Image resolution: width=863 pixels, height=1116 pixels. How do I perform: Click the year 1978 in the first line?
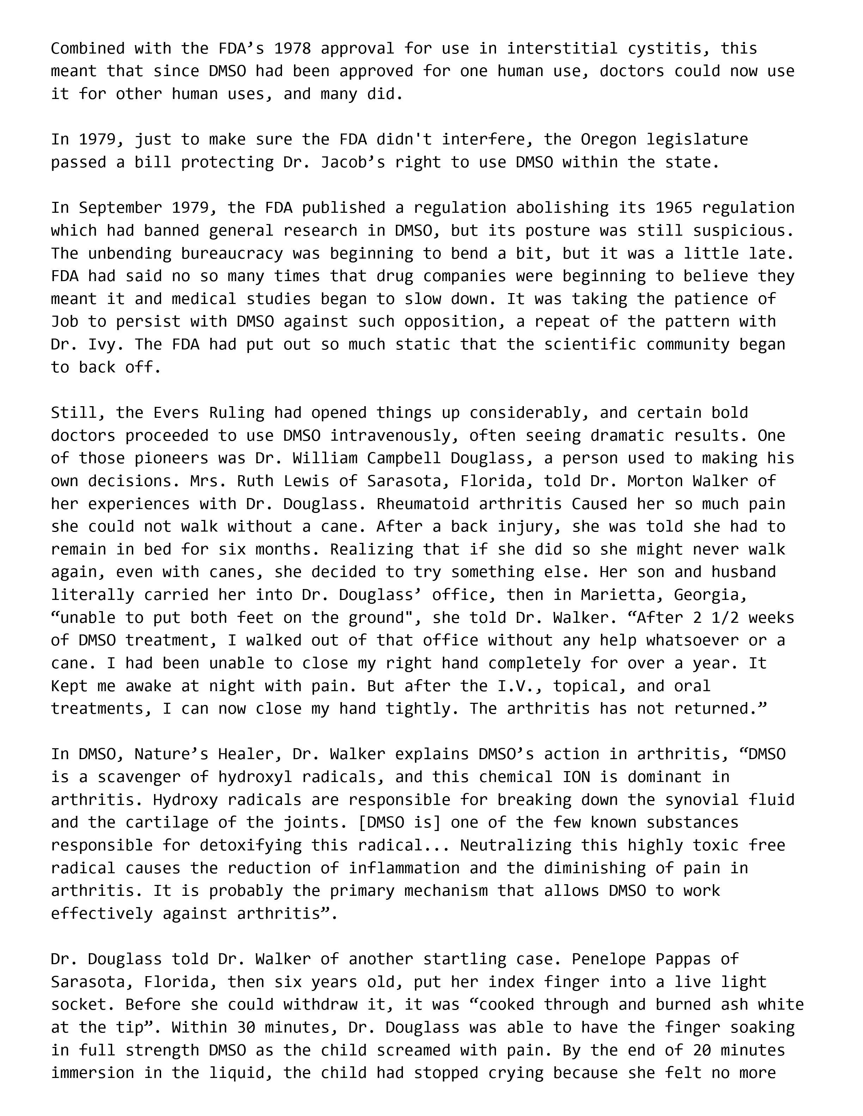tap(293, 49)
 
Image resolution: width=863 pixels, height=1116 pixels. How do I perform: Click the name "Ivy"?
tap(106, 345)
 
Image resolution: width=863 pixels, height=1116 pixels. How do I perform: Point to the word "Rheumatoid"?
tap(422, 504)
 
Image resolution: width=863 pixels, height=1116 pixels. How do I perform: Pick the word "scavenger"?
tap(139, 777)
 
